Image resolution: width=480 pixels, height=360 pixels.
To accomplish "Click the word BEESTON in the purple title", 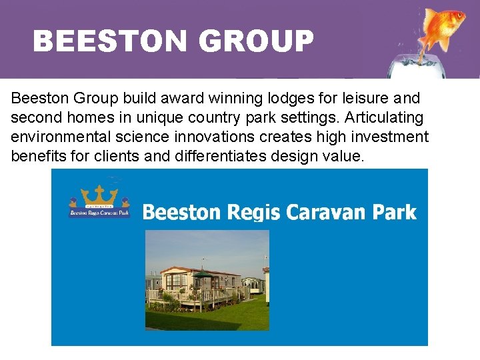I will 110,41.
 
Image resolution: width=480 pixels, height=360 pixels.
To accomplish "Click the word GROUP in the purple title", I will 255,41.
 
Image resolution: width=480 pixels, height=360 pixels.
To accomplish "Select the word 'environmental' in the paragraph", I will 56,137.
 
